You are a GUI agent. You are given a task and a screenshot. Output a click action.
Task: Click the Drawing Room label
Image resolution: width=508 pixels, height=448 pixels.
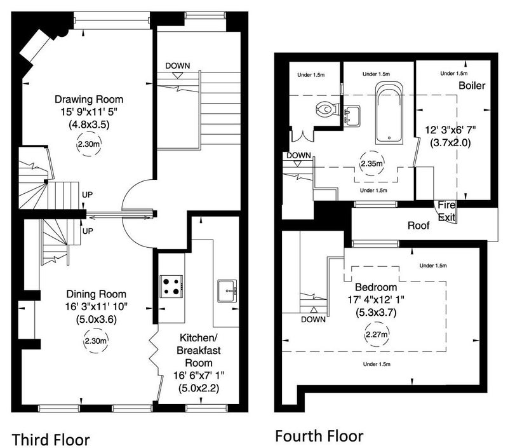[88, 100]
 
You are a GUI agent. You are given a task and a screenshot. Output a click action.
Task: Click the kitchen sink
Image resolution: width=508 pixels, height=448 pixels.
[227, 291]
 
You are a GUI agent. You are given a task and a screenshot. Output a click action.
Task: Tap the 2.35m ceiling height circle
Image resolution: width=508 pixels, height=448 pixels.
[371, 163]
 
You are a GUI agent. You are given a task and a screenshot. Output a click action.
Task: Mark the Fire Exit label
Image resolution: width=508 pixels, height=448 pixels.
[446, 211]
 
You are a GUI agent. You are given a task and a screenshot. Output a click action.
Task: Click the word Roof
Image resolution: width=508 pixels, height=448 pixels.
[418, 225]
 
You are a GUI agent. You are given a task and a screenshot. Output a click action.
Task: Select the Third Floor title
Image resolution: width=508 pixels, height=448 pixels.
[51, 438]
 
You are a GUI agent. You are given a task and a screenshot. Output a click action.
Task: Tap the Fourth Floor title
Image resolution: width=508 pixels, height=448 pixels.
[319, 436]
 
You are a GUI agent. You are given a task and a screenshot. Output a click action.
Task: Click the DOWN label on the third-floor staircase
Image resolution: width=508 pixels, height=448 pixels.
[178, 65]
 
